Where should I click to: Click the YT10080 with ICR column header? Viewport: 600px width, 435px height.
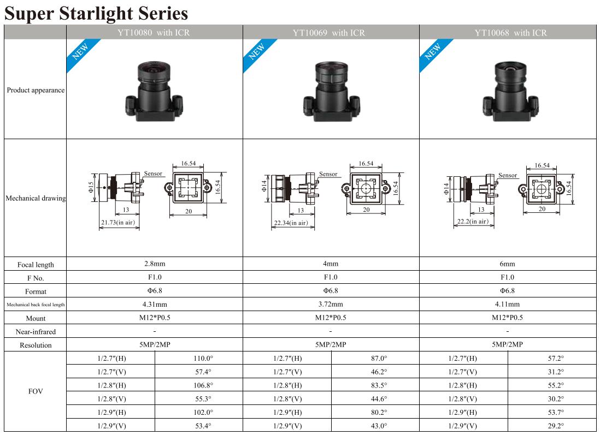tap(154, 33)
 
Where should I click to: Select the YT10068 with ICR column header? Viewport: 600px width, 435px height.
tap(511, 33)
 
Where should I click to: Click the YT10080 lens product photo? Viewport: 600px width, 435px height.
tap(154, 91)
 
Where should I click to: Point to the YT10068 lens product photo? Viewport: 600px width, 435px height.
tap(511, 91)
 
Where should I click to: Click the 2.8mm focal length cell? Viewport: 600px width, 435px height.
tap(155, 264)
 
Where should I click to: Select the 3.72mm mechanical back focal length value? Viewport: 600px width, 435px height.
tap(331, 304)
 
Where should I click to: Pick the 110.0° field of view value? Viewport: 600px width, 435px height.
tap(203, 359)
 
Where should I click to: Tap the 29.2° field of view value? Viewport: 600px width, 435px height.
tap(556, 426)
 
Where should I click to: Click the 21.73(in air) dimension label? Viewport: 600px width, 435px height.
tap(118, 223)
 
